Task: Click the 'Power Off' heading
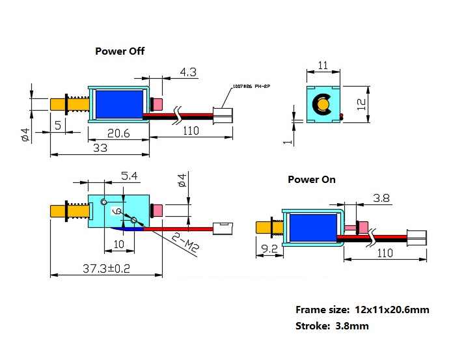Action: point(120,51)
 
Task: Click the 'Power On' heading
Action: point(312,179)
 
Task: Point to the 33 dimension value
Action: point(101,148)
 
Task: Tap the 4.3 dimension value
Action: point(188,73)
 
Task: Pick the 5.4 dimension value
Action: point(130,176)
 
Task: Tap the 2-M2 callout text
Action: point(185,242)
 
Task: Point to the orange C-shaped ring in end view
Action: point(322,104)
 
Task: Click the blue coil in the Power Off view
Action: point(119,104)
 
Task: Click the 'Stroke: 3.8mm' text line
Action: point(331,325)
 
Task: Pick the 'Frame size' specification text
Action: point(362,310)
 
